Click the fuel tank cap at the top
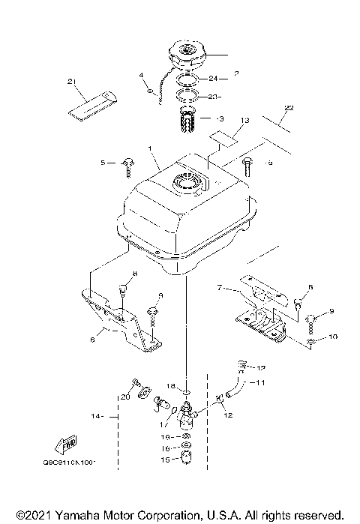point(186,55)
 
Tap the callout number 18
point(170,385)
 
